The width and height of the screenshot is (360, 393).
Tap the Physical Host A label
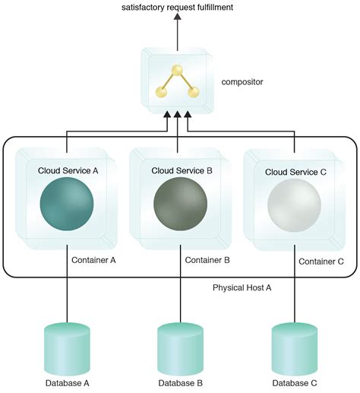coord(243,288)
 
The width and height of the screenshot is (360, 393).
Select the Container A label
coord(93,259)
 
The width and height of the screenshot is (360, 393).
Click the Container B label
coord(207,259)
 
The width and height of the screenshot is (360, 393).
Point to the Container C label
coord(321,261)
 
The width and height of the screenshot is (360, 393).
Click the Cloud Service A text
coord(68,170)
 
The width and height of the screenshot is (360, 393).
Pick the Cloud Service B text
coord(182,170)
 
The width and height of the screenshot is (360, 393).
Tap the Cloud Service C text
coord(295,172)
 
